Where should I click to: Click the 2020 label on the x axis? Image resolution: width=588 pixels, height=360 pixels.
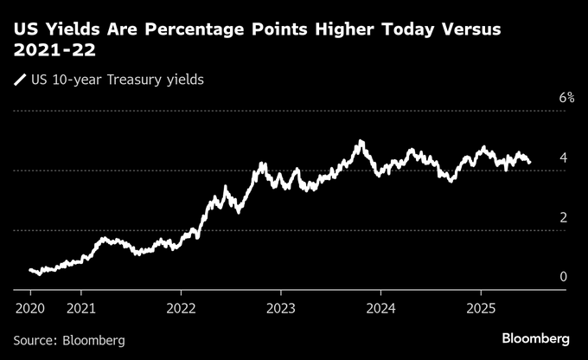tap(30, 307)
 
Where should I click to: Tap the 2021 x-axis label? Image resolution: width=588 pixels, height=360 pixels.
tap(80, 307)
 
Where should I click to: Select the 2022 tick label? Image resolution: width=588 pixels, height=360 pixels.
tap(181, 307)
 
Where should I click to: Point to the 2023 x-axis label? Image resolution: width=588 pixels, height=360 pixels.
tap(281, 307)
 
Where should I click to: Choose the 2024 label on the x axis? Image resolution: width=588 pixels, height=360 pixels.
tap(380, 307)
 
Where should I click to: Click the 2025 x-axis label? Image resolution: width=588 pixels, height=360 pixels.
tap(481, 307)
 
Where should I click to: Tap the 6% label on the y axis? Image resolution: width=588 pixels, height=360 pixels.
tap(566, 98)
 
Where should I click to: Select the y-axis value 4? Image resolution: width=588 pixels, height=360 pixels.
tap(563, 157)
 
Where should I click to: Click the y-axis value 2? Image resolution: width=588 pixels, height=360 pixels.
tap(563, 217)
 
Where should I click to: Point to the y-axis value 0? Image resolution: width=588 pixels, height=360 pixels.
tap(563, 277)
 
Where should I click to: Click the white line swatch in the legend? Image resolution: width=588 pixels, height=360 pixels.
tap(19, 81)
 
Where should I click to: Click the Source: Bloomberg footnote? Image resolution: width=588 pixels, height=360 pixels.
tap(69, 340)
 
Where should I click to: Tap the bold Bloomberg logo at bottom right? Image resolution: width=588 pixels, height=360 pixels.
tap(535, 337)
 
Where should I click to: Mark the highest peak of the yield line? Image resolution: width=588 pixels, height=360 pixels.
tap(361, 141)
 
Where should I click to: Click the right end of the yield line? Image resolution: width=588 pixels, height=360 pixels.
tap(530, 162)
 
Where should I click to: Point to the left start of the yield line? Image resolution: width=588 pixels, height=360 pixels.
tap(30, 270)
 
